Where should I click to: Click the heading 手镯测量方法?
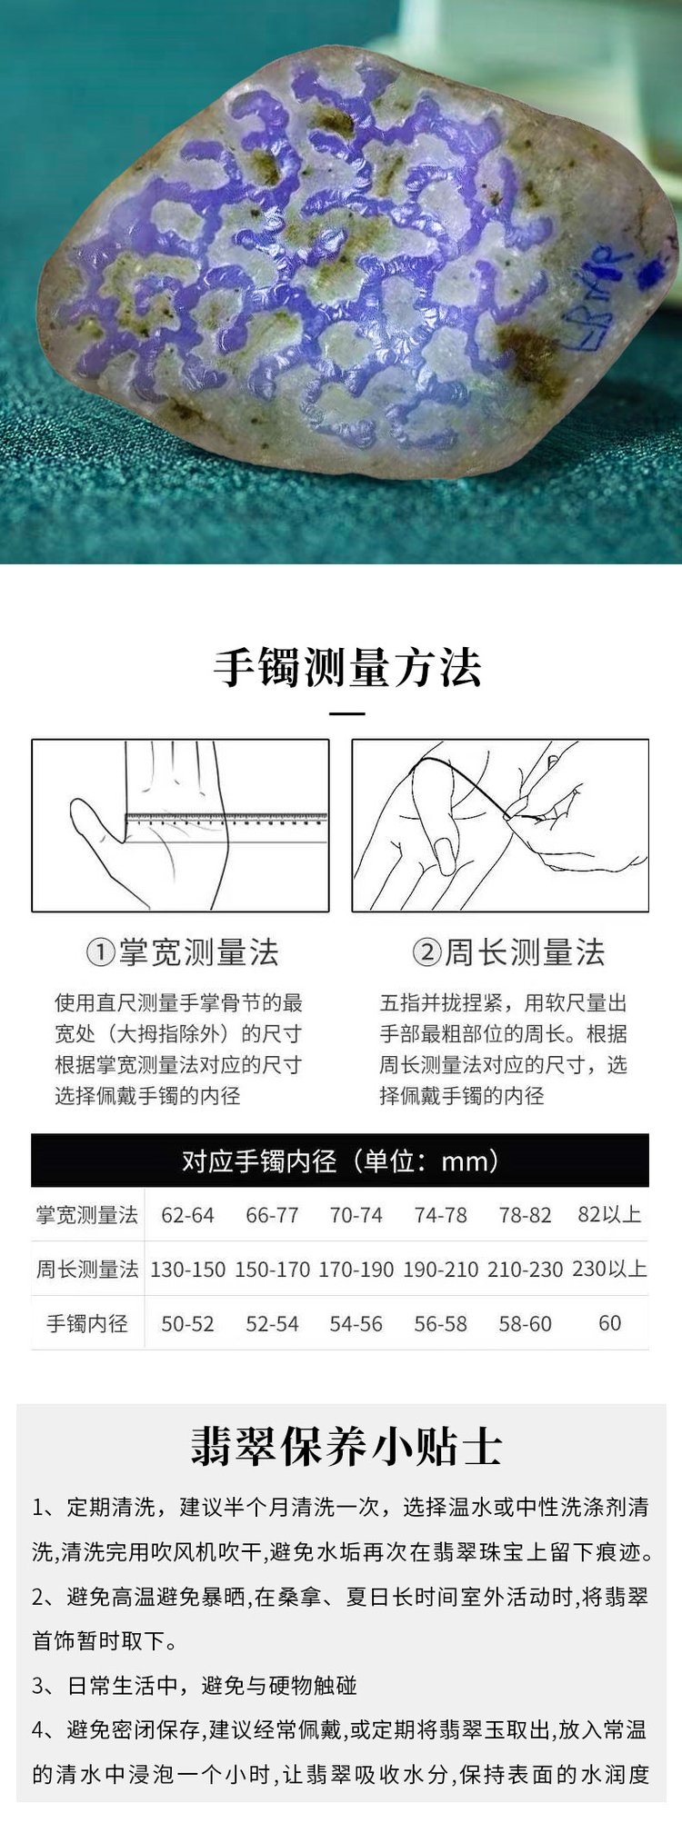[x=347, y=668]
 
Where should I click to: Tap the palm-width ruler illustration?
[x=180, y=825]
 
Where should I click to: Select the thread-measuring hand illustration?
[x=500, y=825]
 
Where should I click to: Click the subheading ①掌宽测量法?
[x=182, y=952]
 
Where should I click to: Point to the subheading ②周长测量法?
[x=508, y=952]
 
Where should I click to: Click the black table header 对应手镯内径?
[x=340, y=1161]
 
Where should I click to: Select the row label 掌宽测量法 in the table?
[x=87, y=1215]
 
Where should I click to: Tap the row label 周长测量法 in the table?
[x=87, y=1269]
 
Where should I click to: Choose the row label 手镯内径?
[x=87, y=1323]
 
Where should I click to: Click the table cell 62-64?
[x=187, y=1216]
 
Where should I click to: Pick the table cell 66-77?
[x=272, y=1216]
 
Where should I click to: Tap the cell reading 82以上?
[x=609, y=1215]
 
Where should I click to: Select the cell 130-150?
[x=187, y=1270]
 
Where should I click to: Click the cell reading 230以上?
[x=609, y=1269]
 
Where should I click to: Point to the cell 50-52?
[x=187, y=1324]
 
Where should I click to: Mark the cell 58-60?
[x=525, y=1324]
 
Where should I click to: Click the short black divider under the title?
[x=346, y=714]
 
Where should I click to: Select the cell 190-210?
[x=440, y=1270]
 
